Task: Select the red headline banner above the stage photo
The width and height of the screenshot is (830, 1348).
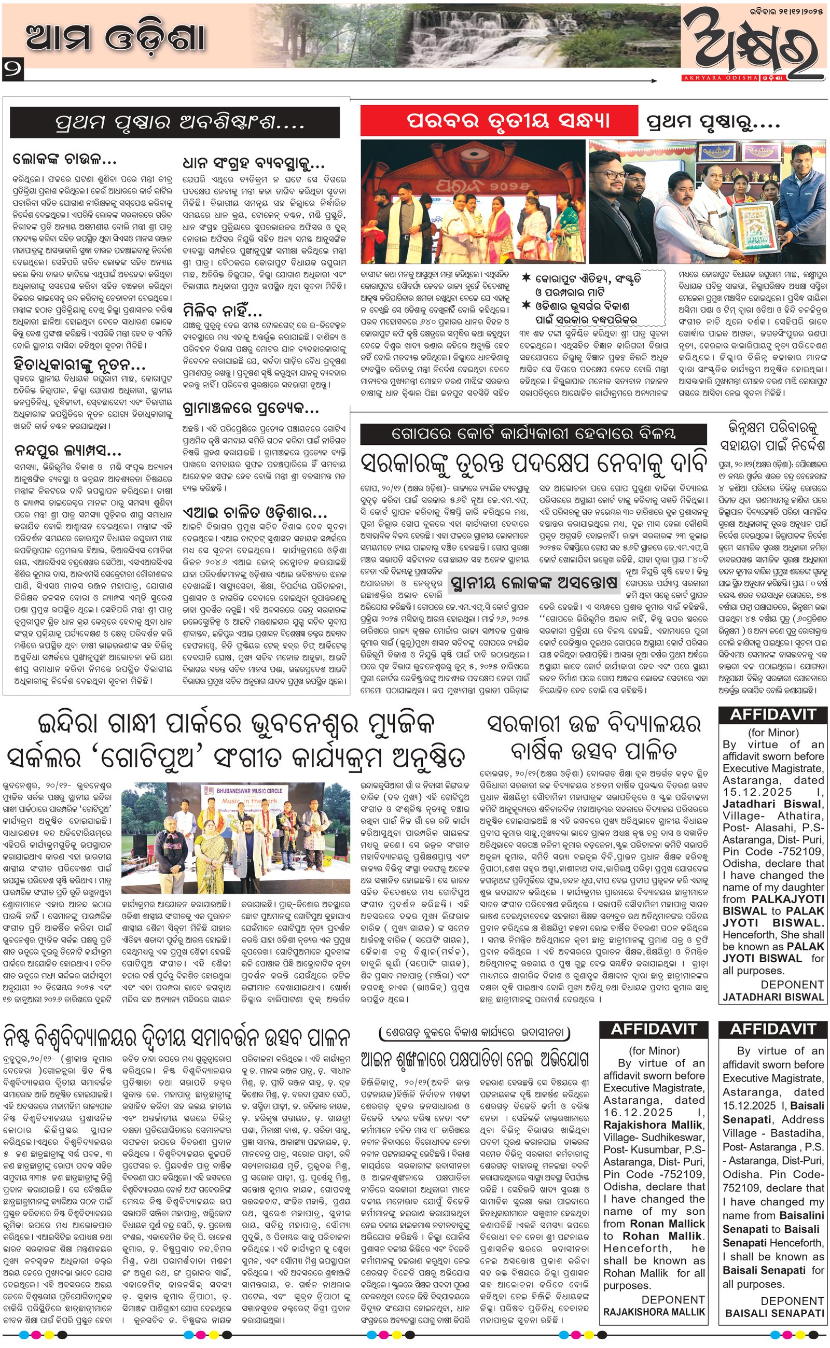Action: coord(499,120)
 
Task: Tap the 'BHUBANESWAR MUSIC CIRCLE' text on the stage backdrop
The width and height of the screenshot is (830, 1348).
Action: coord(250,791)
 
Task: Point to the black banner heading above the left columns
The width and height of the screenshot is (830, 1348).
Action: coord(175,122)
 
